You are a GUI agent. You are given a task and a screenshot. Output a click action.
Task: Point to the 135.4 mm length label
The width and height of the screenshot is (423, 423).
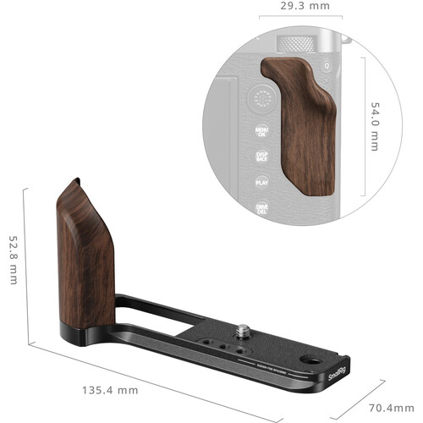(110, 391)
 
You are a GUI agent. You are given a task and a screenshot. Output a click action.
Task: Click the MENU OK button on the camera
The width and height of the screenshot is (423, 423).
(261, 133)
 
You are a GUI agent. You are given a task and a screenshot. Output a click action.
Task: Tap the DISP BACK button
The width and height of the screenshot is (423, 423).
(261, 157)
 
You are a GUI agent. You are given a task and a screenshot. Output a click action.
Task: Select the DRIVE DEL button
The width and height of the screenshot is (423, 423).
(262, 207)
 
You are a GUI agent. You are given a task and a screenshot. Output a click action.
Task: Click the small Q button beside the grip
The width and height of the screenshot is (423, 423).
(327, 67)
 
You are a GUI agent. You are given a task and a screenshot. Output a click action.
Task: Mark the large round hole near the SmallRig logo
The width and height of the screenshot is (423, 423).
(327, 360)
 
